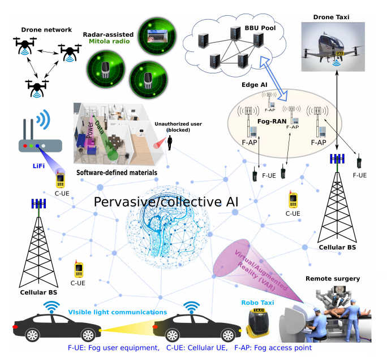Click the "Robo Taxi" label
point(257,303)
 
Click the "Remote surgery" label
point(333,279)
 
